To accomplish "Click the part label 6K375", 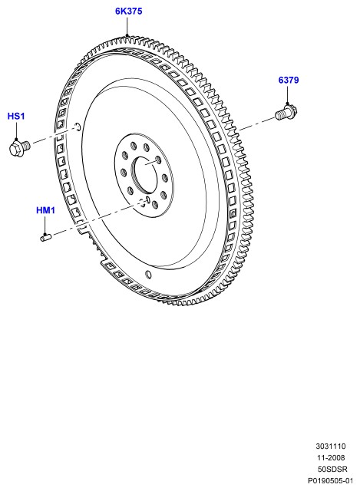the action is pyautogui.click(x=128, y=12).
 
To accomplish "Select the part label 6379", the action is pyautogui.click(x=289, y=80).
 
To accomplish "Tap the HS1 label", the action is pyautogui.click(x=16, y=116).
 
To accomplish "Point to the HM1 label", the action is pyautogui.click(x=46, y=209).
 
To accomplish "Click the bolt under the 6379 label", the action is pyautogui.click(x=286, y=113).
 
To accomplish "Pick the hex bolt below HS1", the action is pyautogui.click(x=19, y=147).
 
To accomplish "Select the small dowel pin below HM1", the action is pyautogui.click(x=46, y=238).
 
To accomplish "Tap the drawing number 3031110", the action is pyautogui.click(x=331, y=447).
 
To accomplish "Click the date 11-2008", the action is pyautogui.click(x=331, y=457).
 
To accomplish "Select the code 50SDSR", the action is pyautogui.click(x=332, y=469).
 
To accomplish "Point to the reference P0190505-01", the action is pyautogui.click(x=330, y=481).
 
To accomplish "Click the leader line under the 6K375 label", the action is pyautogui.click(x=127, y=26).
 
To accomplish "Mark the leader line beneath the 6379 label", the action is pyautogui.click(x=287, y=94).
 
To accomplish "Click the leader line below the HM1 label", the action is pyautogui.click(x=45, y=225).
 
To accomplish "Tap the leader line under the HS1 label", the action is pyautogui.click(x=16, y=130).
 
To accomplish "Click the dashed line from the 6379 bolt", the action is pyautogui.click(x=256, y=124).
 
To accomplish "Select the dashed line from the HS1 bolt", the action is pyautogui.click(x=54, y=136).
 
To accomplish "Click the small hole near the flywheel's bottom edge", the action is pyautogui.click(x=149, y=274).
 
